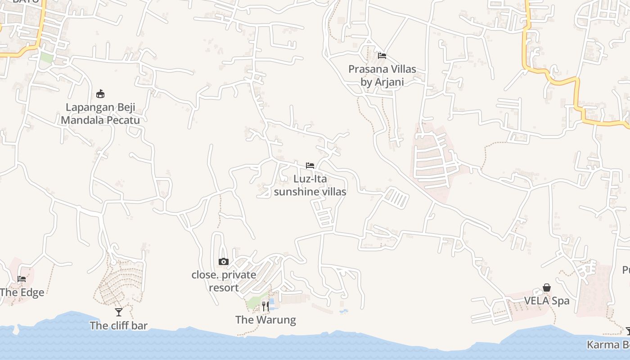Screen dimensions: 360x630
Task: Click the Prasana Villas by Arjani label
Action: coord(382,76)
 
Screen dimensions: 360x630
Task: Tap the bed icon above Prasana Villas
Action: coord(382,56)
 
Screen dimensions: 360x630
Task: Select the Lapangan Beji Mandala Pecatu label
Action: coord(100,114)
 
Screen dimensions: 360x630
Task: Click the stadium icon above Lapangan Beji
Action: coord(100,94)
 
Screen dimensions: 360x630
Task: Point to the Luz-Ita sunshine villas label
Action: coord(310,185)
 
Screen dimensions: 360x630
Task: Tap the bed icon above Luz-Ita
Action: coord(310,165)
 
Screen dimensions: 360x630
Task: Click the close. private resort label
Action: coord(224,281)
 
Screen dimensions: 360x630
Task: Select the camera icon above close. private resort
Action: coord(224,261)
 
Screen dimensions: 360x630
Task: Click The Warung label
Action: coord(265,320)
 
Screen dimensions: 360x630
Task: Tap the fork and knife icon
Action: coord(265,306)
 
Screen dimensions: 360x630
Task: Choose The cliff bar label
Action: coord(118,325)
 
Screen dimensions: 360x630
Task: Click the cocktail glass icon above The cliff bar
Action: coord(119,312)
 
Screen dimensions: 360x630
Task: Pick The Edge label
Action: coord(22,292)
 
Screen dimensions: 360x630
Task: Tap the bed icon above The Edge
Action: coord(22,279)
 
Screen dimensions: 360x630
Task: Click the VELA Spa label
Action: coord(547,301)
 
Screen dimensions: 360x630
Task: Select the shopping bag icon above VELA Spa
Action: coord(547,288)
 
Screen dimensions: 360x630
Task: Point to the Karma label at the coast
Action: coord(608,345)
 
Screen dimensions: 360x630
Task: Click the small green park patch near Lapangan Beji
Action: coord(46,58)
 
